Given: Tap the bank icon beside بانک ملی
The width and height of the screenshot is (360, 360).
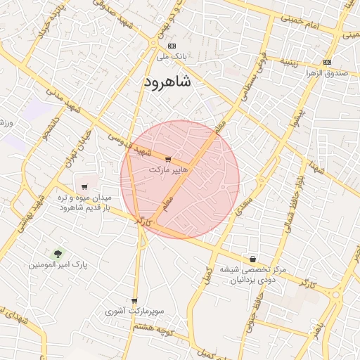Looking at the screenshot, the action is click(172, 46).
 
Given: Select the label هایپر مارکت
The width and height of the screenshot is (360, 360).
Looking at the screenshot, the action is click(167, 170).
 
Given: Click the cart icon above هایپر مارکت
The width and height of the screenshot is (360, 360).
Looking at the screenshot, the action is click(167, 160).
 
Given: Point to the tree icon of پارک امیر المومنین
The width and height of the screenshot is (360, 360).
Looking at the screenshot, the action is click(57, 253).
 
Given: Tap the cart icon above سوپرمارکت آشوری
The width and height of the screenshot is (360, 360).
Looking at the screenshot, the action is click(134, 301).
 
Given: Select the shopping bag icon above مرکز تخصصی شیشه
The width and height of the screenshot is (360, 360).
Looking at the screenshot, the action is click(252, 259).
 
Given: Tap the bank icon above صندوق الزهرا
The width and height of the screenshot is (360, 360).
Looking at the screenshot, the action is click(327, 62).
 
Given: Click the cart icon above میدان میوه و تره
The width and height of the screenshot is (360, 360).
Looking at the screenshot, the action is click(84, 187).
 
